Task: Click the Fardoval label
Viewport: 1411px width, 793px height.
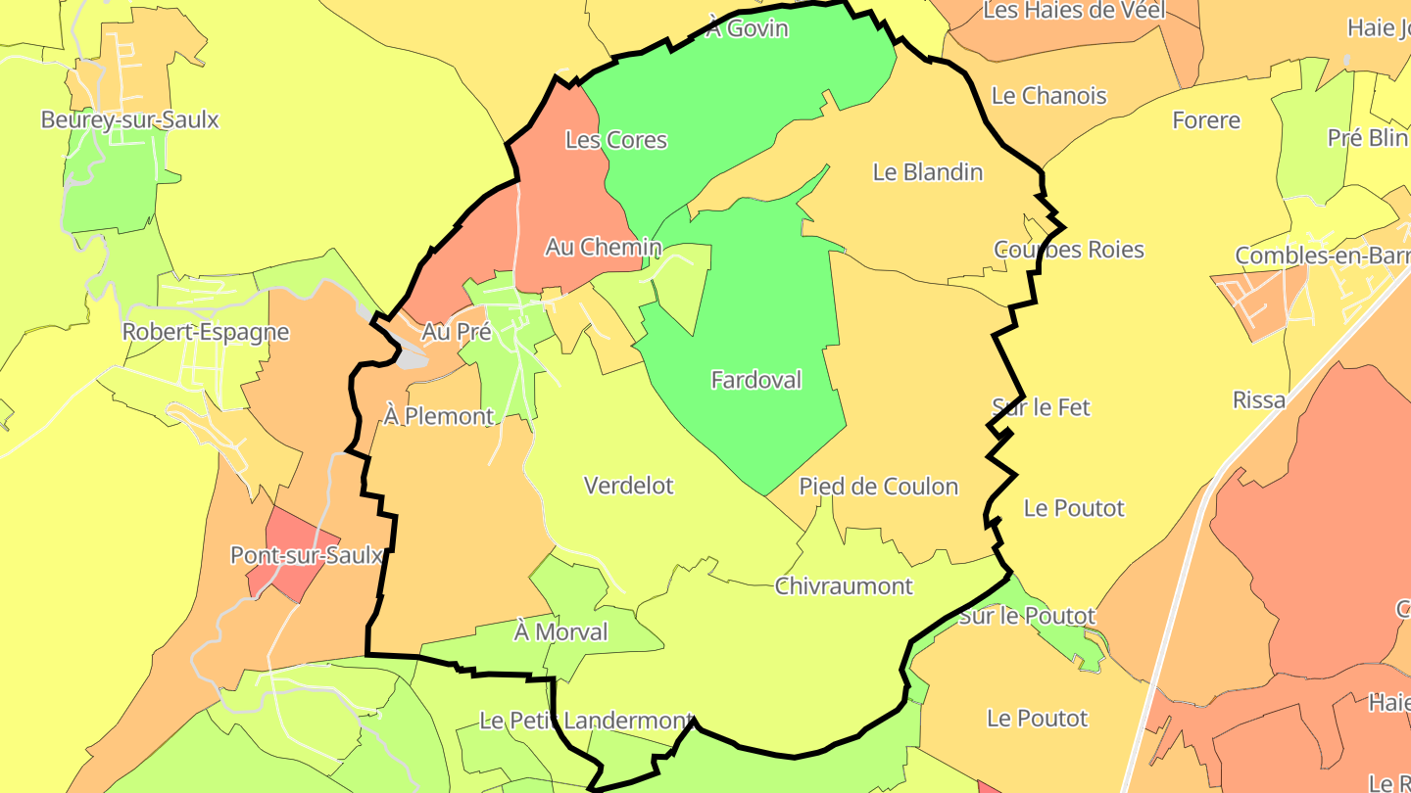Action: point(756,380)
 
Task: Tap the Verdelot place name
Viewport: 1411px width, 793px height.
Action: point(629,486)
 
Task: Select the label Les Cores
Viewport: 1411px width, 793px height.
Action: point(616,140)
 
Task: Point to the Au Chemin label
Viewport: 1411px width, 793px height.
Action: point(604,248)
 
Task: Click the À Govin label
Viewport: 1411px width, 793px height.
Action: point(747,28)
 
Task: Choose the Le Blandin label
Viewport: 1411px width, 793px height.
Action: point(928,172)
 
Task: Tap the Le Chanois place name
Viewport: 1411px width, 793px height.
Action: point(1049,96)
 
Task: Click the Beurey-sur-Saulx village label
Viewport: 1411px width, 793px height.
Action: point(130,120)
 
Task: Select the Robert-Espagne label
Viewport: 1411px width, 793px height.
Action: point(206,332)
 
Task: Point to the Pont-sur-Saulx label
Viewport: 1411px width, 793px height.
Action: point(306,556)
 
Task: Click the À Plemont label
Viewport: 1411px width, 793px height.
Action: point(439,417)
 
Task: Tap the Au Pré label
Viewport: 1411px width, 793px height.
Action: point(456,332)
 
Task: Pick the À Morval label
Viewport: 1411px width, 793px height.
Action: point(561,632)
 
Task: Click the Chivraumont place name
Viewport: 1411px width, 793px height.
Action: point(844,586)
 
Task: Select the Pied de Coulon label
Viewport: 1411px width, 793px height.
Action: point(879,487)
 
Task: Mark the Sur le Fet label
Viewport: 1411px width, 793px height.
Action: point(1042,407)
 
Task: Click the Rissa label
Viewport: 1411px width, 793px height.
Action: point(1259,400)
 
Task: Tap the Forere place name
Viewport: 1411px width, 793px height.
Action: point(1206,121)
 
